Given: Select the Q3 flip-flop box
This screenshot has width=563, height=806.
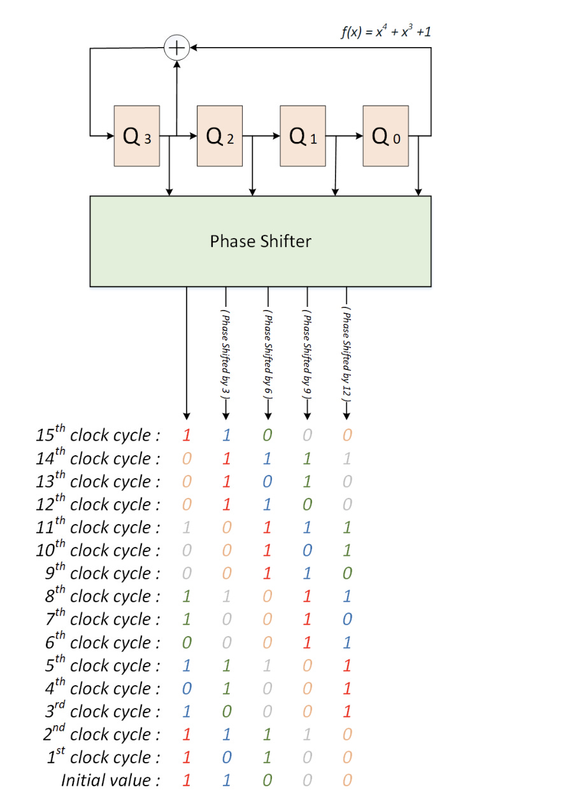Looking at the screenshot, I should click(x=136, y=136).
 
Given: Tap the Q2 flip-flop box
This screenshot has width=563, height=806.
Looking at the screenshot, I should click(x=220, y=136).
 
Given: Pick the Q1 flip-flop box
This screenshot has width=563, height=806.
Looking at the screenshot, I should click(x=303, y=136).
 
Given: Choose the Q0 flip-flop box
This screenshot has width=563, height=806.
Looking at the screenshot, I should click(x=386, y=136).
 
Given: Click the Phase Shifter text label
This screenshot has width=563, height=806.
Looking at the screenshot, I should click(x=260, y=241).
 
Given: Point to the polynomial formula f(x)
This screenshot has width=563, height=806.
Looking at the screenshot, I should click(x=388, y=31).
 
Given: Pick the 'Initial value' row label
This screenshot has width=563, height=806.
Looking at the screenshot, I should click(x=110, y=780).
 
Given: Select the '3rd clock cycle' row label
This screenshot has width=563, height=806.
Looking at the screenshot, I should click(x=99, y=711).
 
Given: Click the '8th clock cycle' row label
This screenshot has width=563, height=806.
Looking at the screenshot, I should click(x=99, y=597).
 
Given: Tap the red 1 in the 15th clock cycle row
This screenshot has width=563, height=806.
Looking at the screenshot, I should click(x=187, y=435).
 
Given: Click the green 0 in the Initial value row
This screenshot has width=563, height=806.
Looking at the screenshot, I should click(x=267, y=780).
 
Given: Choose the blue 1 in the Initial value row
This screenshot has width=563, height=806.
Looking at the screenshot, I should click(x=227, y=780).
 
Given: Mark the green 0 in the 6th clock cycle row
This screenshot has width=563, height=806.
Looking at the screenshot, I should click(x=187, y=642).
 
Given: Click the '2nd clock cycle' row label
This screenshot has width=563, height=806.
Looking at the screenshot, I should click(x=99, y=734).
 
